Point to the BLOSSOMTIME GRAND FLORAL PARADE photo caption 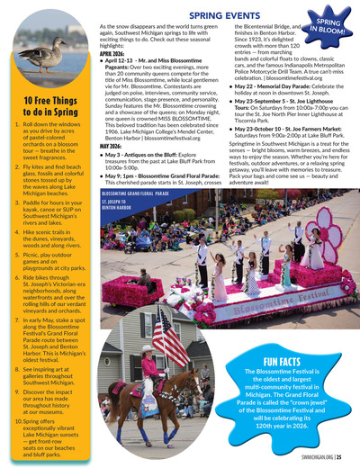tap(136, 193)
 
